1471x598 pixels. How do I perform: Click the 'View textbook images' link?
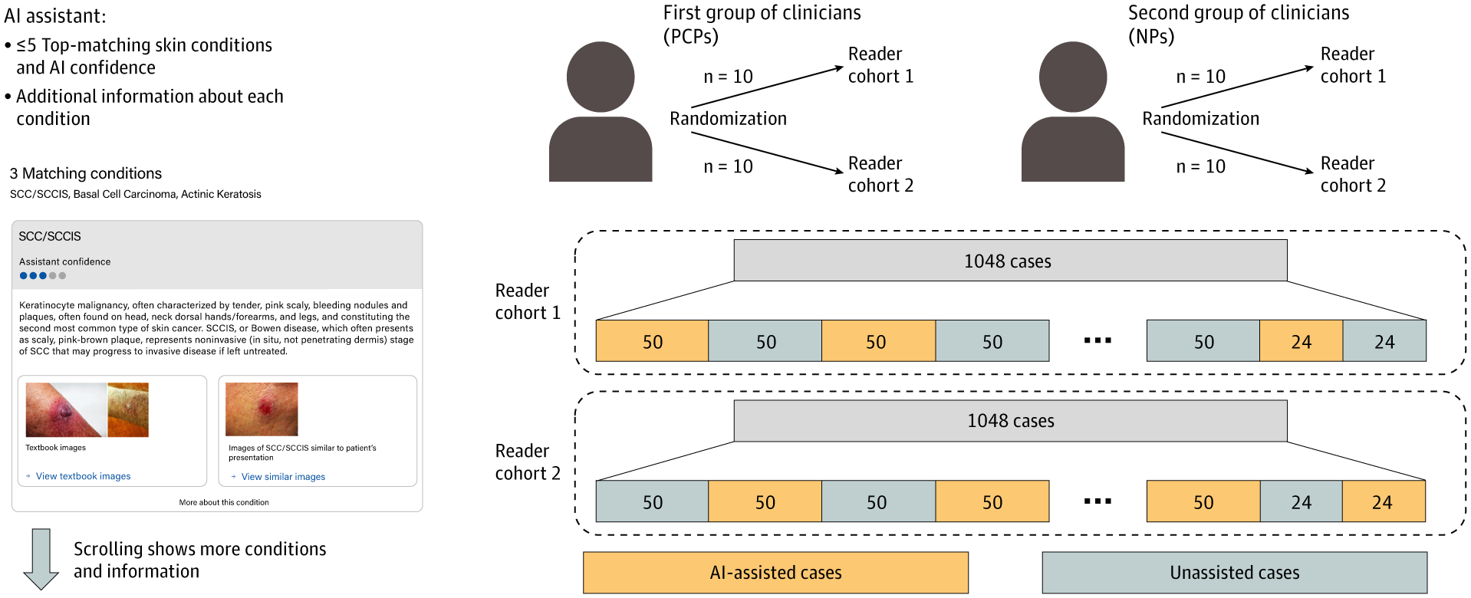(83, 476)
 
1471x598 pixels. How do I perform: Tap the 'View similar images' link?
(283, 477)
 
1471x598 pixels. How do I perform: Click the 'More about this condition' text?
(224, 503)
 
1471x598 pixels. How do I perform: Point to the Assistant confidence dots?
(43, 276)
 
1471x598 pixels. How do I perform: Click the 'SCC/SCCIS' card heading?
(50, 236)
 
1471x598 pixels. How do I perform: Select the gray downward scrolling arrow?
(41, 559)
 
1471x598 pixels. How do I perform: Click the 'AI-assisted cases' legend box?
(775, 573)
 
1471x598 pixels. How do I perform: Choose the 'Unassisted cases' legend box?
(1234, 573)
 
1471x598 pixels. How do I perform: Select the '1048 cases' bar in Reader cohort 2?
(1010, 421)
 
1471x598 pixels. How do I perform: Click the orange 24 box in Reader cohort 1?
(1301, 341)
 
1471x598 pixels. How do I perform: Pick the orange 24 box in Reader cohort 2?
(1383, 502)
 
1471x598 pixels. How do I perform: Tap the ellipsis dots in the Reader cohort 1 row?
(1097, 340)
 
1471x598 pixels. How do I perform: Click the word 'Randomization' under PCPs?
(728, 119)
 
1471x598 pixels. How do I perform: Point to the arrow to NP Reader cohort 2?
(1237, 153)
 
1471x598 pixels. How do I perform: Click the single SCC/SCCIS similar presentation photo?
(262, 409)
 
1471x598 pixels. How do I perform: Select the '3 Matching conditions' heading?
(86, 173)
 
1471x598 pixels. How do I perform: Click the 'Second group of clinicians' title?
(1238, 13)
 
